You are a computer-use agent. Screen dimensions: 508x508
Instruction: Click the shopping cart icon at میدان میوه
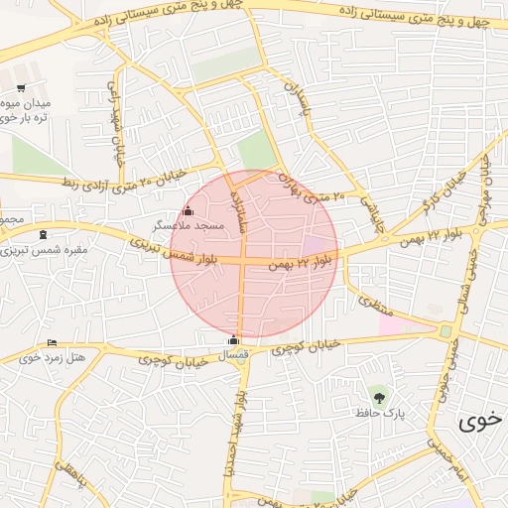pyautogui.click(x=22, y=89)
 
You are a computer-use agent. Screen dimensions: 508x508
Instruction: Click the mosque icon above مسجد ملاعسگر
pyautogui.click(x=189, y=210)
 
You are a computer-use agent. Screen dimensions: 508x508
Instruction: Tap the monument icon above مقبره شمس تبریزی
pyautogui.click(x=43, y=235)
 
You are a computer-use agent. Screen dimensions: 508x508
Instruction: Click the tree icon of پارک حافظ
pyautogui.click(x=376, y=397)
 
